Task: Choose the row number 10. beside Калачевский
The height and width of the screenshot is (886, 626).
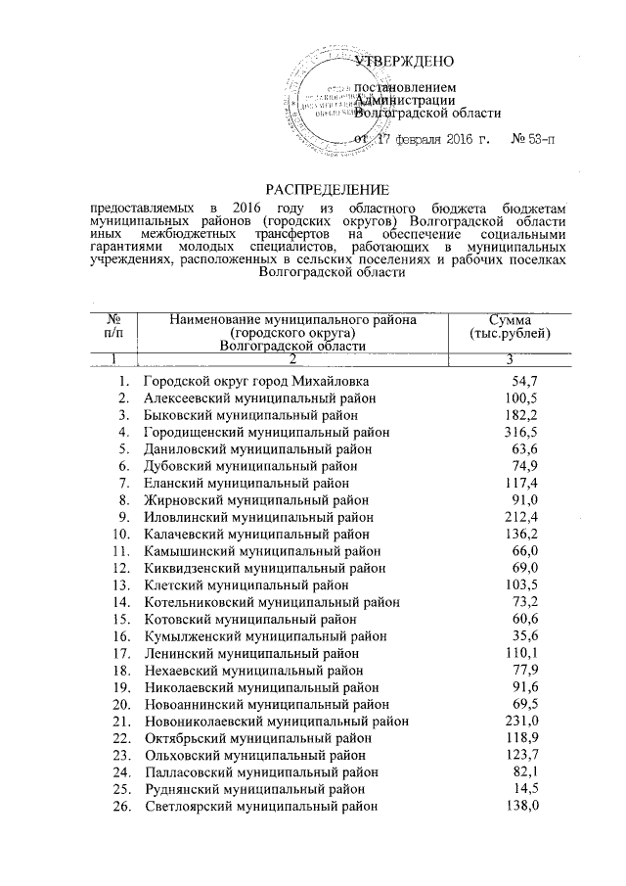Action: click(x=121, y=535)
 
